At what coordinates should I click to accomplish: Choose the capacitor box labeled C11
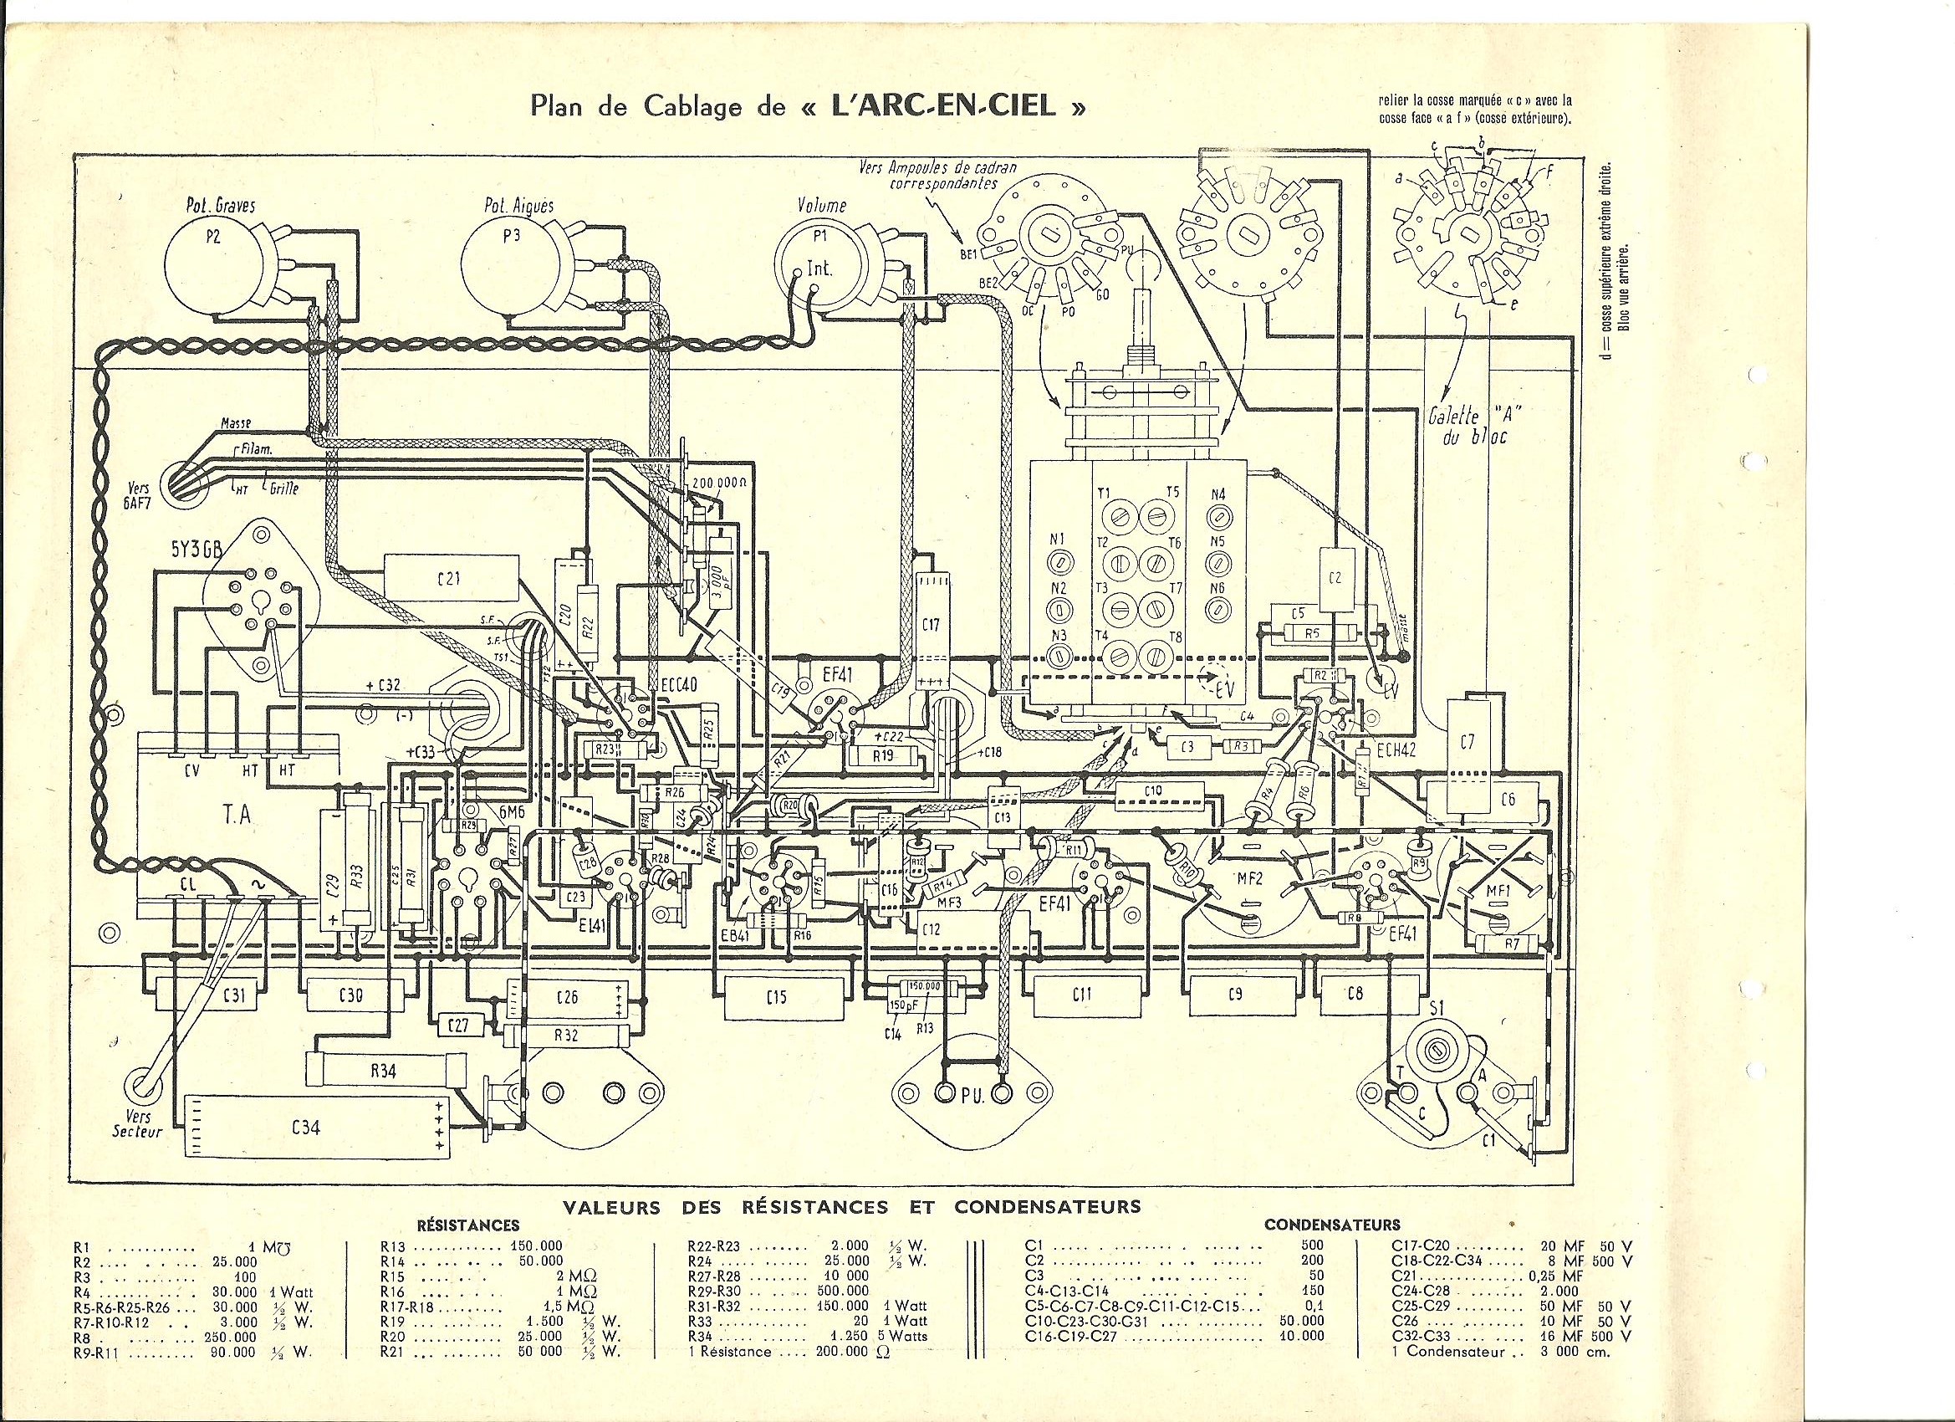click(1083, 995)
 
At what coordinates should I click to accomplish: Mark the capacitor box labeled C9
click(1235, 995)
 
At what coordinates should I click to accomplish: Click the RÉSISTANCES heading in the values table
click(469, 1225)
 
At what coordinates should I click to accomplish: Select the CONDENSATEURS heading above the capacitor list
click(1332, 1225)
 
